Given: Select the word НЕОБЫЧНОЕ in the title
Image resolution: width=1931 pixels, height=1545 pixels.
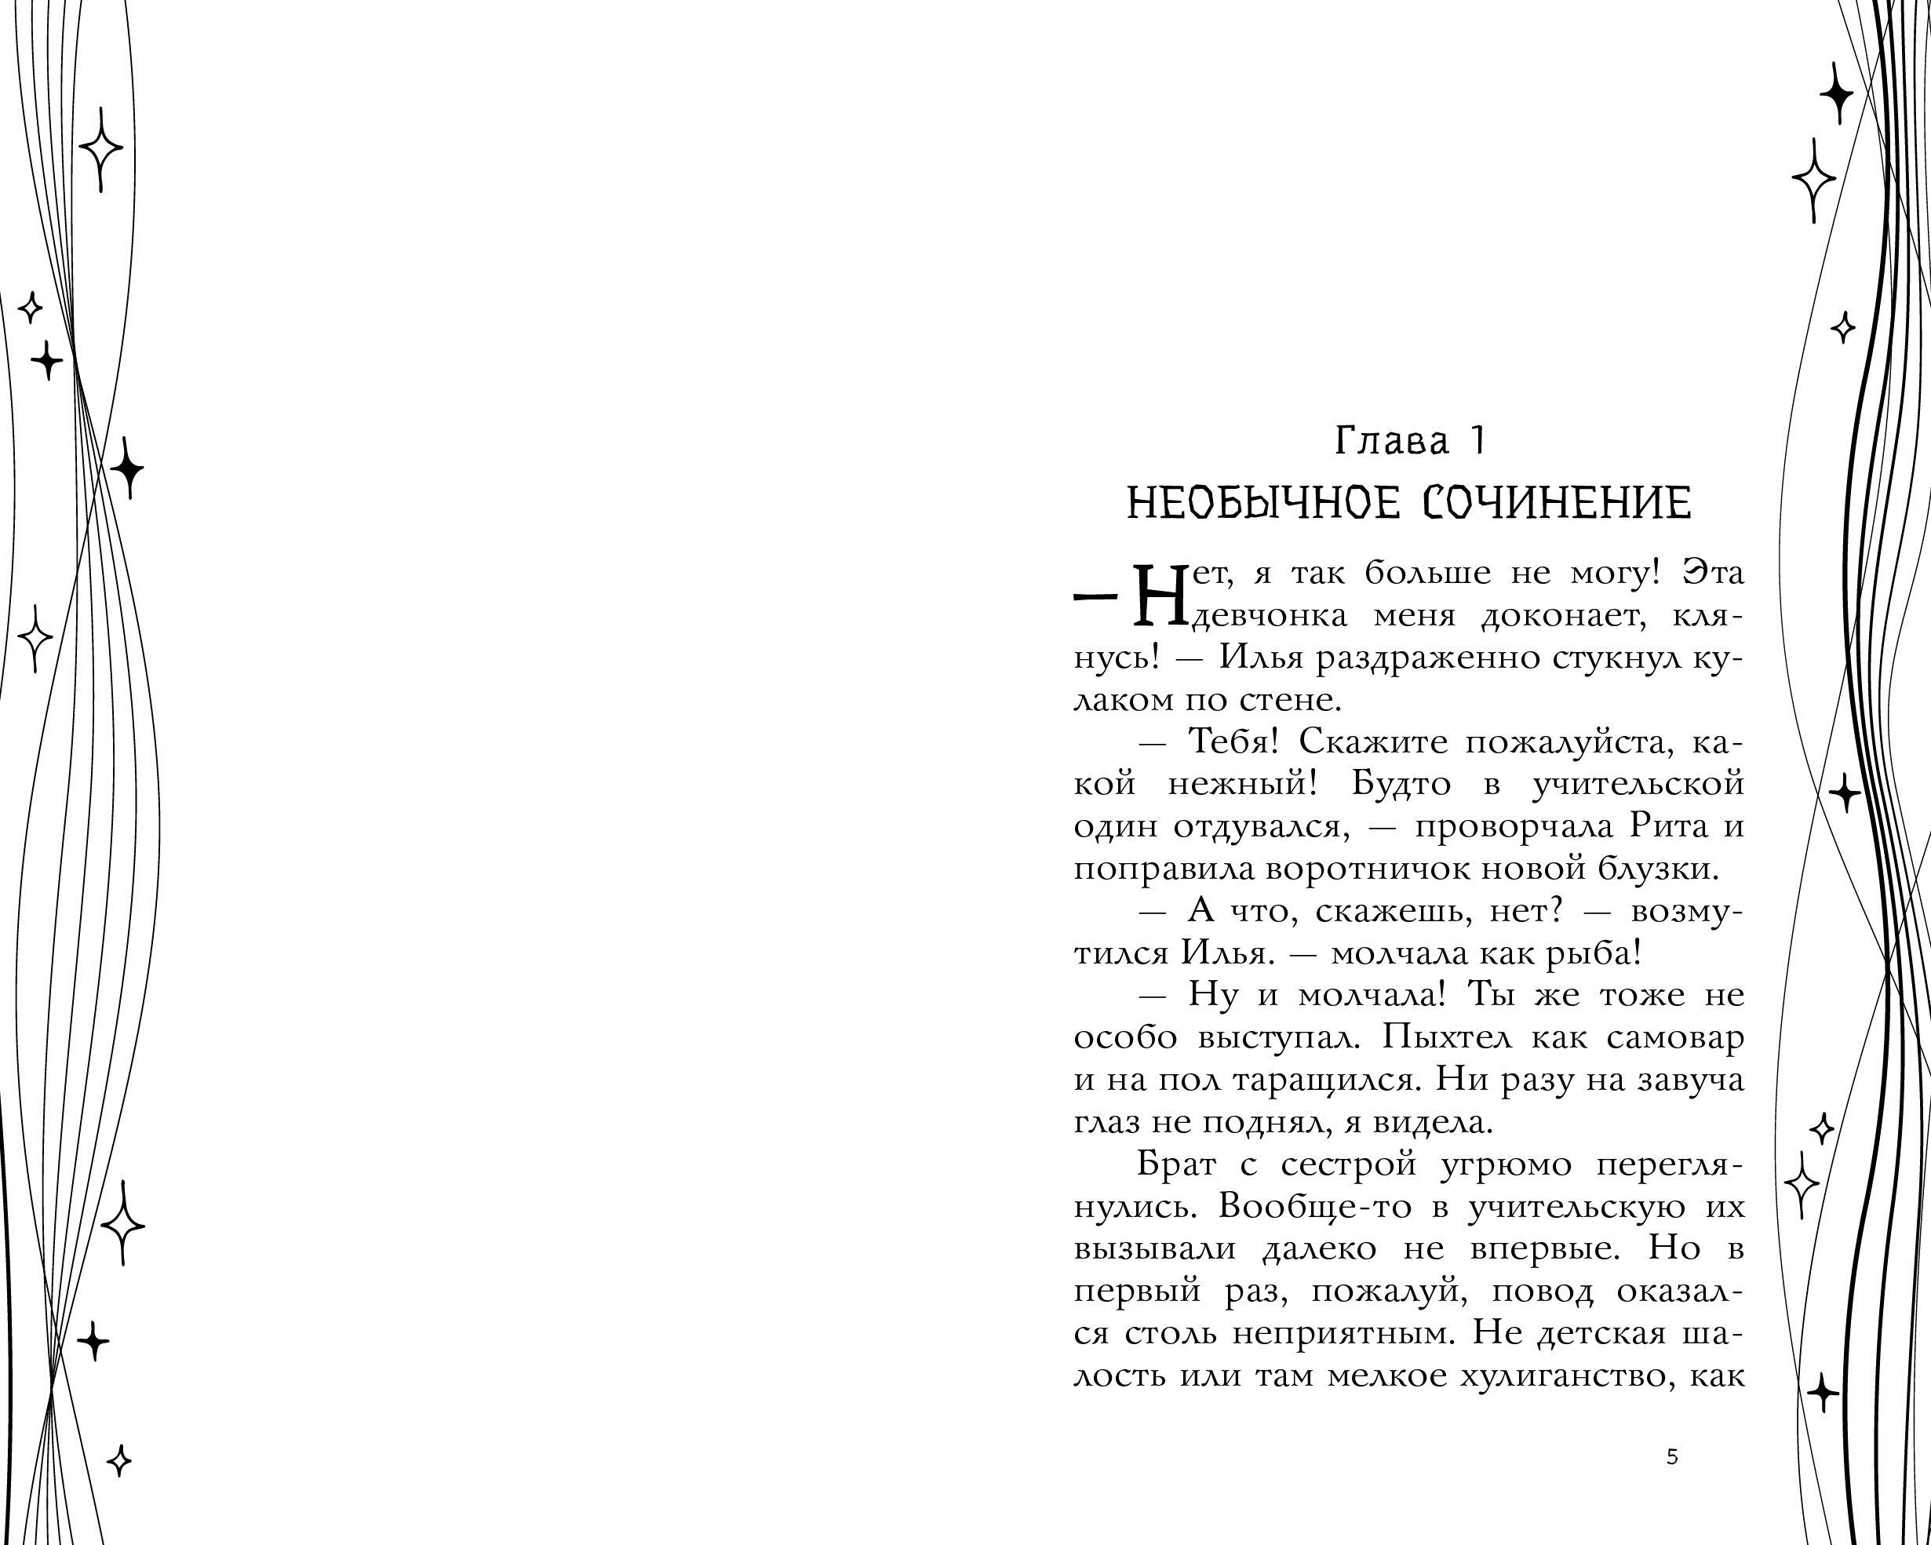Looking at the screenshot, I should pyautogui.click(x=1262, y=502).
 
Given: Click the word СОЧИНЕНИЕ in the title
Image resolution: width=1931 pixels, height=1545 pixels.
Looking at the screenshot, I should pyautogui.click(x=1557, y=502).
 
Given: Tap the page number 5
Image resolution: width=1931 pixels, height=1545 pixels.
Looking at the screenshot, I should pyautogui.click(x=1671, y=1457).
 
